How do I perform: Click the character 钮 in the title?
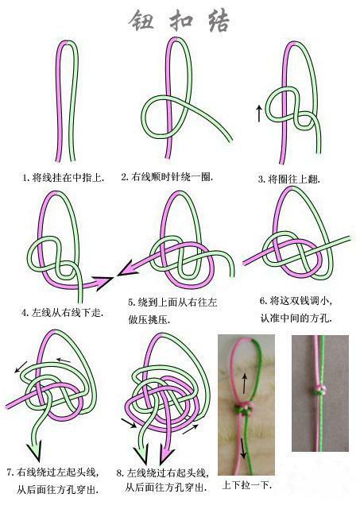click(x=141, y=21)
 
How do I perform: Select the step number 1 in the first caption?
click(x=25, y=178)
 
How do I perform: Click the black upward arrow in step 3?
click(x=259, y=113)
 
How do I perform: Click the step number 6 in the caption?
click(x=262, y=302)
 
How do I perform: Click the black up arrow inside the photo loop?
click(x=245, y=380)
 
